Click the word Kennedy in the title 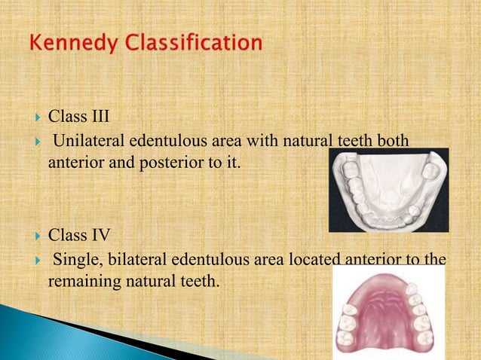pyautogui.click(x=70, y=44)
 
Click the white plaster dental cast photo pyautogui.click(x=388, y=190)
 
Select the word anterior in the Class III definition pyautogui.click(x=75, y=160)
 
